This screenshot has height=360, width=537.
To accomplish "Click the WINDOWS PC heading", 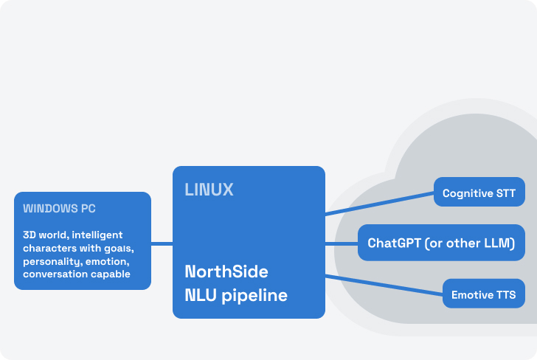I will (60, 209).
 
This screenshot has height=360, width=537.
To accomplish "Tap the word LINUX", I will (209, 190).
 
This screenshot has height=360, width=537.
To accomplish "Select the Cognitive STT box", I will (479, 193).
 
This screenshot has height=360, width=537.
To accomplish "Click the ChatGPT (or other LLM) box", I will (441, 243).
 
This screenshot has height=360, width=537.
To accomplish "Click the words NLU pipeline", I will (235, 296).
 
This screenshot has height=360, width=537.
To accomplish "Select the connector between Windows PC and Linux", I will (162, 243).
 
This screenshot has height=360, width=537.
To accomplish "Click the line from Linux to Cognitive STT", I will (379, 203).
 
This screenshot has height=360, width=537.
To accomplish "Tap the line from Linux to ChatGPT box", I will (342, 243).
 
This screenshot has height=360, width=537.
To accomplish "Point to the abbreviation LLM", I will (498, 243).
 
